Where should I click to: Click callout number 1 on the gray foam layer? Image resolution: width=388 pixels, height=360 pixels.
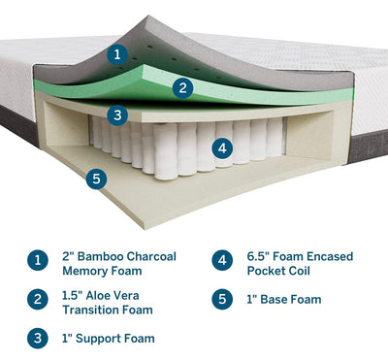(x=117, y=53)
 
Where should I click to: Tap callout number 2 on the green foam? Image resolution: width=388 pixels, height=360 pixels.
(x=182, y=88)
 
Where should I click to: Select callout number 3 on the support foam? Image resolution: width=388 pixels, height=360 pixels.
(x=117, y=115)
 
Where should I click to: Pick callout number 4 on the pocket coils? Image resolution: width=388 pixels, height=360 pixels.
(x=222, y=148)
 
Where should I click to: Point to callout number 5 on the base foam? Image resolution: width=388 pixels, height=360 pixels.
(x=96, y=179)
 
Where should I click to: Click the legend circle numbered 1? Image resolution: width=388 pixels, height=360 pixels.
(x=38, y=260)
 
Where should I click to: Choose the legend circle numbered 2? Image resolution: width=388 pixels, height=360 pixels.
(x=38, y=299)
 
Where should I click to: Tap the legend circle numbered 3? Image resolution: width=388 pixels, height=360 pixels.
(x=38, y=339)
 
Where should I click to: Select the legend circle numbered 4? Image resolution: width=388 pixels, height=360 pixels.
(x=222, y=260)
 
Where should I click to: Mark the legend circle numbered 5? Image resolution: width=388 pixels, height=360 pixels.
(x=222, y=299)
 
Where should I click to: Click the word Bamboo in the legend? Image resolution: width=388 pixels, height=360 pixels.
(x=101, y=256)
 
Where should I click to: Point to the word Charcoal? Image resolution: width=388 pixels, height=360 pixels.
(x=151, y=256)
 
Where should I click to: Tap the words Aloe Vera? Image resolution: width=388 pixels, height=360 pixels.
(x=113, y=296)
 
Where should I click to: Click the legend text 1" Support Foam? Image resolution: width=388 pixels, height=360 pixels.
(x=109, y=339)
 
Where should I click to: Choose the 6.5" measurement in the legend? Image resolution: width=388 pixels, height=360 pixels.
(x=258, y=256)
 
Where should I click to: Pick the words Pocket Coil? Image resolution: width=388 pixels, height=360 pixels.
(x=278, y=271)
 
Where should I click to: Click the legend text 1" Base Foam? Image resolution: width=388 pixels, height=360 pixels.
(x=284, y=300)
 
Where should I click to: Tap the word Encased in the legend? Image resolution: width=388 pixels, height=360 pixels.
(x=330, y=256)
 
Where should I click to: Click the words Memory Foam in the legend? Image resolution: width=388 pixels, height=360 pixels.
(x=102, y=271)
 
